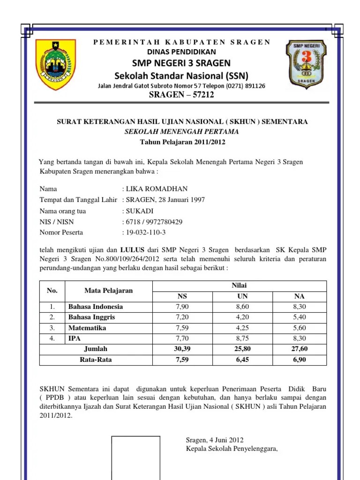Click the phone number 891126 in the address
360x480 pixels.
[x=254, y=86]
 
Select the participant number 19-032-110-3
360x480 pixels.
[x=146, y=232]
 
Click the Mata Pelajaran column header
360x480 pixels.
[x=108, y=291]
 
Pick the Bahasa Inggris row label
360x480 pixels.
[x=92, y=317]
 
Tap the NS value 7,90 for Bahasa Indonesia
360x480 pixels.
[x=182, y=307]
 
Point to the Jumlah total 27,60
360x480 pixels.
[x=299, y=349]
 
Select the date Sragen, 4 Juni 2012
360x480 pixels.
[x=215, y=440]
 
